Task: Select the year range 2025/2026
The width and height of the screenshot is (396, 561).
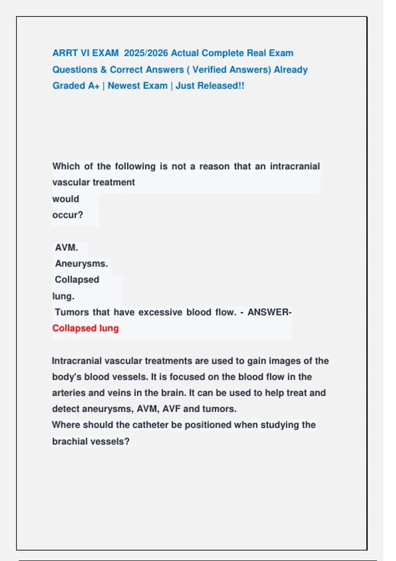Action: pos(146,53)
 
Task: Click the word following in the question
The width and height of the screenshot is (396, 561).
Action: pos(135,166)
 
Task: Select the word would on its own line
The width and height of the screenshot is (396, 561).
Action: pos(66,199)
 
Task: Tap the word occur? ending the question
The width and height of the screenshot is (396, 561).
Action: pos(68,215)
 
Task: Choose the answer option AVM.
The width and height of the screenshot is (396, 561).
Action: pos(66,247)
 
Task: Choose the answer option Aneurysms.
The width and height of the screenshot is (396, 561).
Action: pos(81,264)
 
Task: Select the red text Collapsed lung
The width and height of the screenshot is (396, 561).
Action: pos(85,328)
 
